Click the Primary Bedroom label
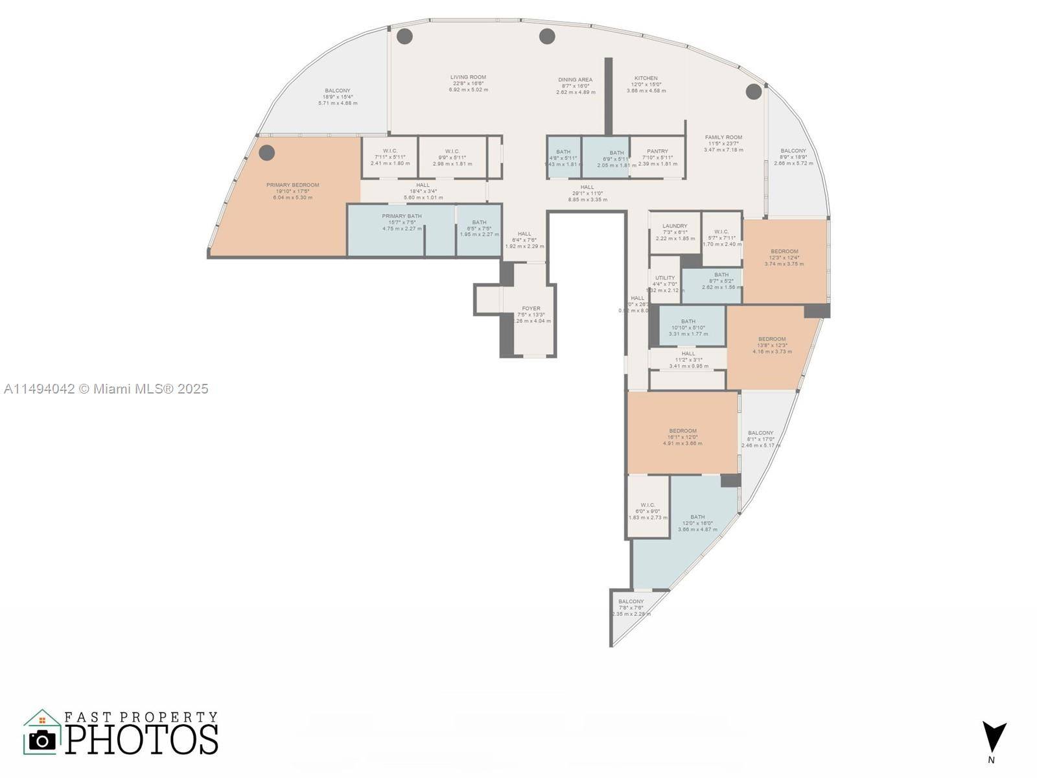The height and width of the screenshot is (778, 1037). click(292, 185)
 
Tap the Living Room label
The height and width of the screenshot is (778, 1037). click(468, 77)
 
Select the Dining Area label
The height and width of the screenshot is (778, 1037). click(575, 80)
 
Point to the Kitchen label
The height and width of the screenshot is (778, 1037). click(646, 78)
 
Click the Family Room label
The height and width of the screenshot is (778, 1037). click(723, 137)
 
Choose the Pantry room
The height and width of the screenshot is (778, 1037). click(657, 157)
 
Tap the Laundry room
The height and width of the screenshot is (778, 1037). click(675, 232)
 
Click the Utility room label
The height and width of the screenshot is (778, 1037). click(664, 278)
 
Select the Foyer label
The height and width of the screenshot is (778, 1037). click(531, 309)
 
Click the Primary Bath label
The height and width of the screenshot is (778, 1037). click(401, 217)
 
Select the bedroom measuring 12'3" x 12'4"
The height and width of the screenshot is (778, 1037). click(784, 257)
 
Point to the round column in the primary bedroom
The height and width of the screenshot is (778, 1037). click(267, 153)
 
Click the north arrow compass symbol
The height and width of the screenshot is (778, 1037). click(994, 738)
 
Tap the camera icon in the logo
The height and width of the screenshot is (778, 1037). click(43, 740)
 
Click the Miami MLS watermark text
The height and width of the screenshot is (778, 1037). click(106, 389)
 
